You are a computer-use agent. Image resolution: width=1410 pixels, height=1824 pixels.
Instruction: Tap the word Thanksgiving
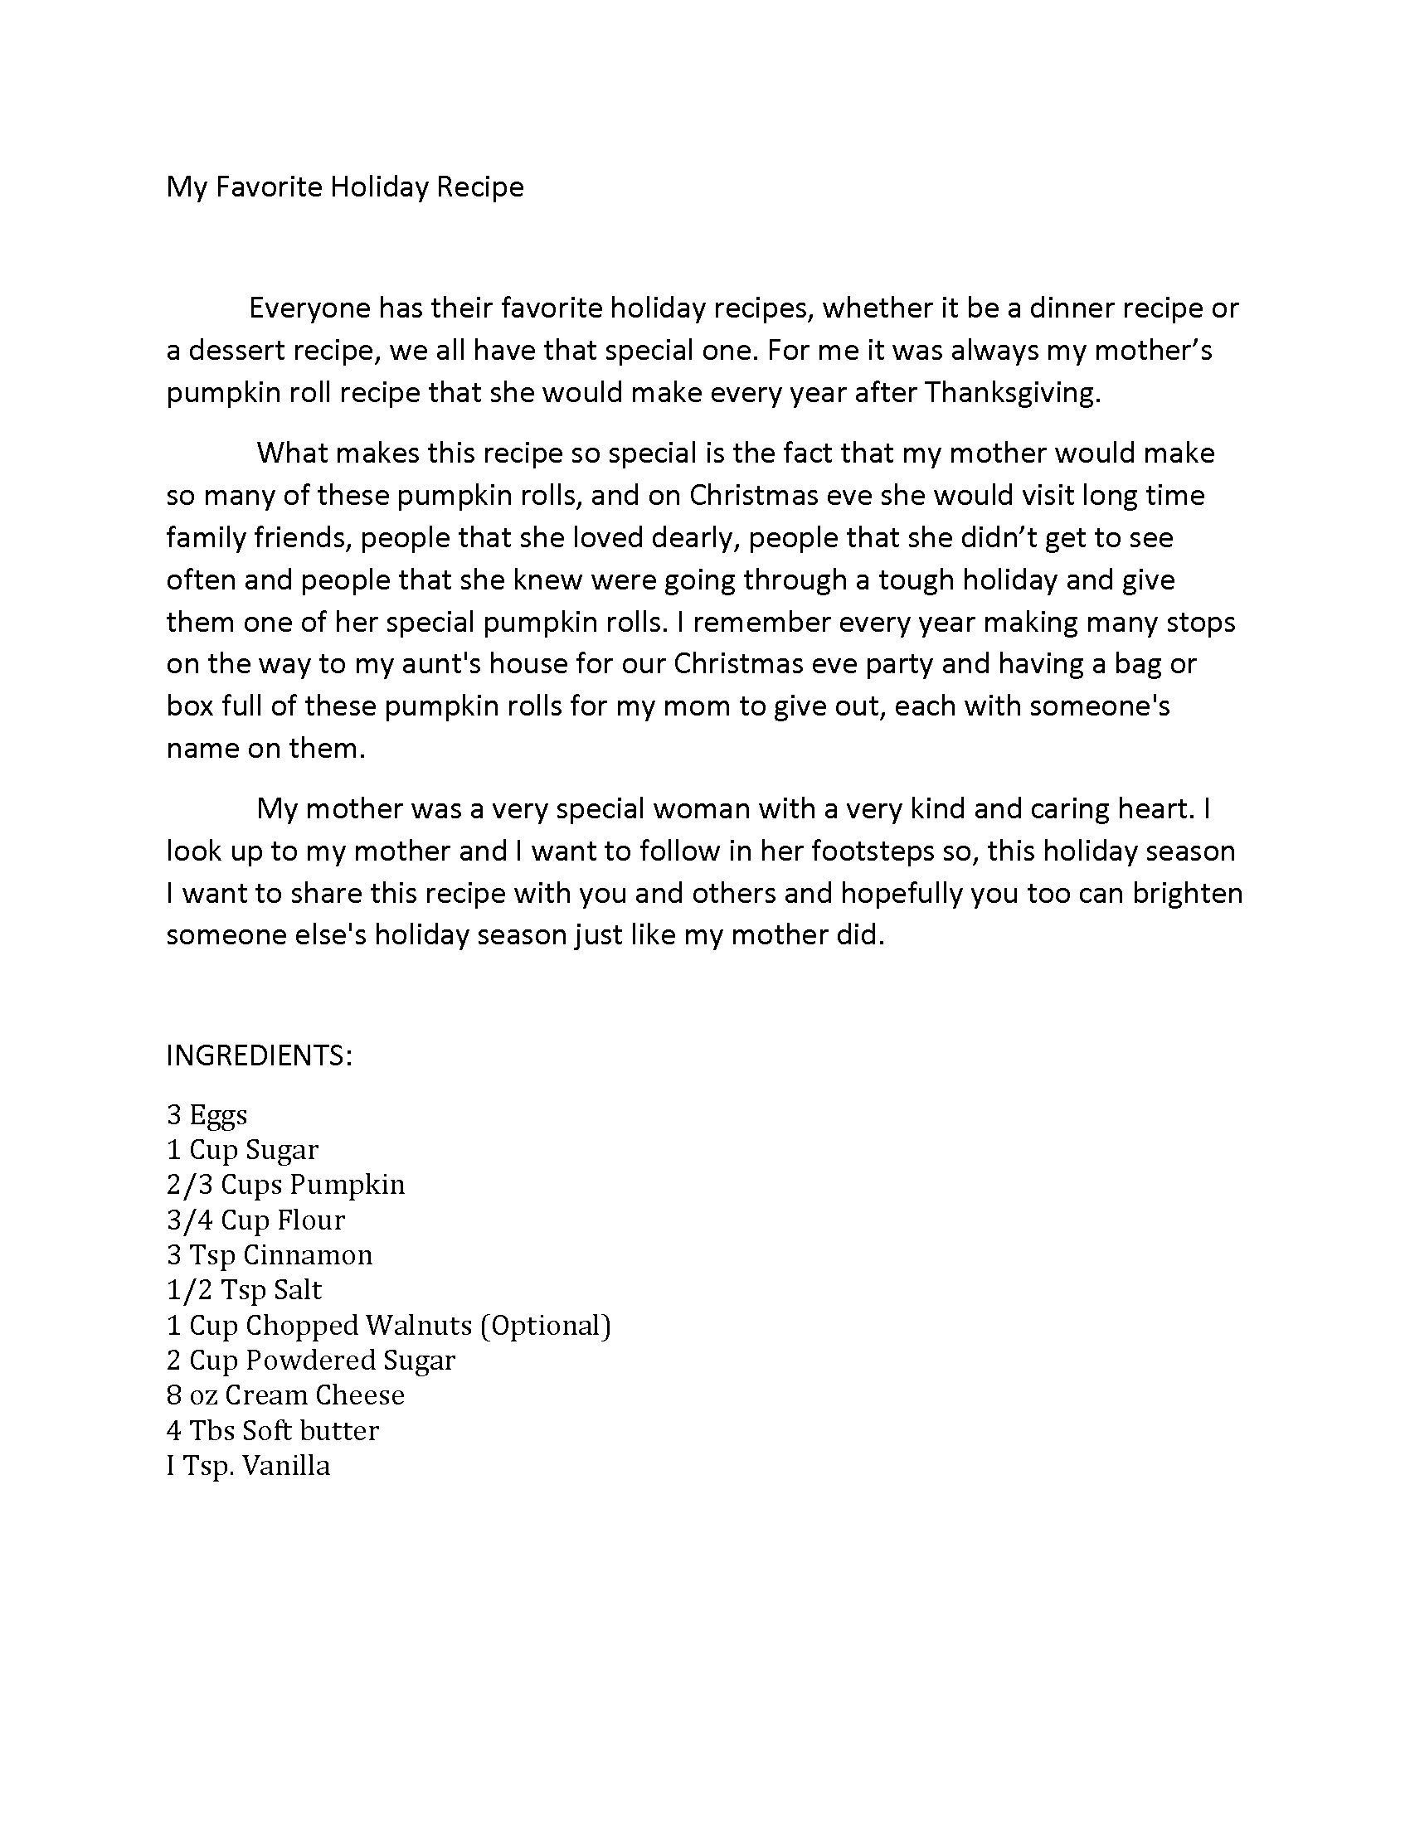(1012, 392)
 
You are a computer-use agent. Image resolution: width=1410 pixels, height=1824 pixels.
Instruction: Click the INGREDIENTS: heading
(259, 1055)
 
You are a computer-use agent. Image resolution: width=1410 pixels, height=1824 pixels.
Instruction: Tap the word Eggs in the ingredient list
(218, 1116)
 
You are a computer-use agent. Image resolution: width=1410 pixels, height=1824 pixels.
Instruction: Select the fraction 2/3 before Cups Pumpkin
(190, 1185)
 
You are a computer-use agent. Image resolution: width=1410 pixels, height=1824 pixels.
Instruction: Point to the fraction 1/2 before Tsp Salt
(190, 1290)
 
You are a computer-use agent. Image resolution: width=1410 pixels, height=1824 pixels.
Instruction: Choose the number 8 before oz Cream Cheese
(173, 1395)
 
